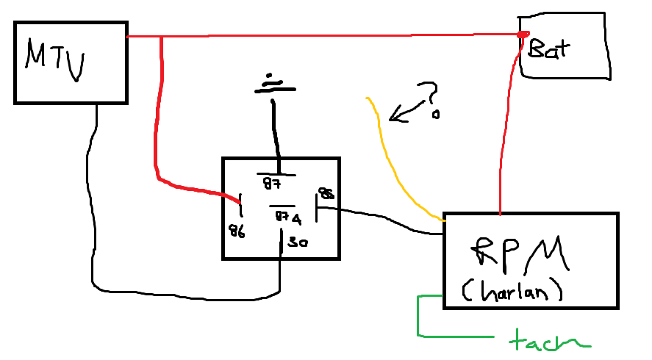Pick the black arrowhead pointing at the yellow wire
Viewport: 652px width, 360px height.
397,115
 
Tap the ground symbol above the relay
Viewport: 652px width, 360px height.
274,84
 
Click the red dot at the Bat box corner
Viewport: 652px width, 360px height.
523,35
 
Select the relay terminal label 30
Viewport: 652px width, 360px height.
298,242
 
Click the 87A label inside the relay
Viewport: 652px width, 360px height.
287,217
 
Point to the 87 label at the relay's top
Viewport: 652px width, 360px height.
272,182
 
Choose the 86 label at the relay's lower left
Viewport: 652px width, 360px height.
237,232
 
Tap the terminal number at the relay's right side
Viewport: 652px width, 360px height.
325,194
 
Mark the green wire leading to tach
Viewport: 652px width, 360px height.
420,316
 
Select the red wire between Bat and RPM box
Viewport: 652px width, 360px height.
505,132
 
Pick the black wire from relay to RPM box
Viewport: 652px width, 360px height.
382,219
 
